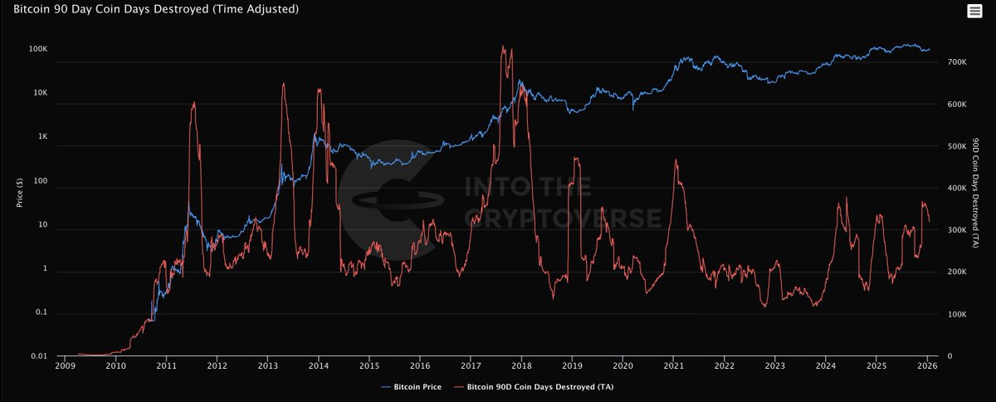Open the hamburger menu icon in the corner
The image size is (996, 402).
974,10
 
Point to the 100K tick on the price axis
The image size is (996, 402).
38,50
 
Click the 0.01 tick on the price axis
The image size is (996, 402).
39,356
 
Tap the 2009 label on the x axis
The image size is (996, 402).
66,365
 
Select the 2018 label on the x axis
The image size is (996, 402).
521,365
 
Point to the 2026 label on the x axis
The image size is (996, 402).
926,365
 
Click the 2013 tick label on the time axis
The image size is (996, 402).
268,365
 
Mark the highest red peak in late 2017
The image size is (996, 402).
504,47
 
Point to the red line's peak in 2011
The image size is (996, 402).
194,102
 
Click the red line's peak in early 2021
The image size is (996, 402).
676,159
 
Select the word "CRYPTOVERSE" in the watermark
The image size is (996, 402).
563,218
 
